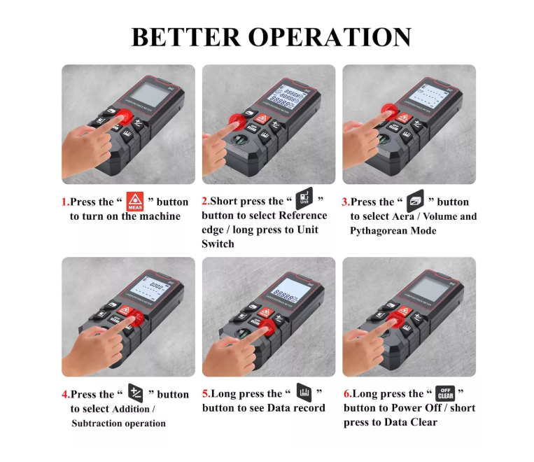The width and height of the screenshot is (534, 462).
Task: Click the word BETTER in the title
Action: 181,36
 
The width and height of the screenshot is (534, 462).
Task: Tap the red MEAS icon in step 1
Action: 134,201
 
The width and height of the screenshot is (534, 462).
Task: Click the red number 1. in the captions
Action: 65,202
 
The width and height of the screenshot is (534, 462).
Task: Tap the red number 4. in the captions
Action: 66,395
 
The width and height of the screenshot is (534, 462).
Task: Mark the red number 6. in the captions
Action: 347,394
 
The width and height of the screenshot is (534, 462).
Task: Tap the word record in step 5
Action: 309,408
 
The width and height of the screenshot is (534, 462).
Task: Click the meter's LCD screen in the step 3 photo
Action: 434,96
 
